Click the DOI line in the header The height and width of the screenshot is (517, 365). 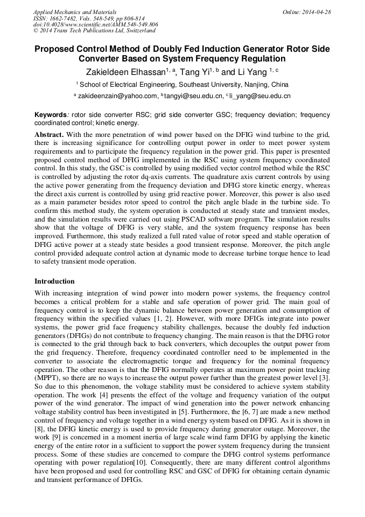point(96,25)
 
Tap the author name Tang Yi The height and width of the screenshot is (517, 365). point(191,72)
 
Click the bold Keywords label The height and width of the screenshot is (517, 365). point(51,115)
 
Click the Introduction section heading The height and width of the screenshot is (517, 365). point(54,281)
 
